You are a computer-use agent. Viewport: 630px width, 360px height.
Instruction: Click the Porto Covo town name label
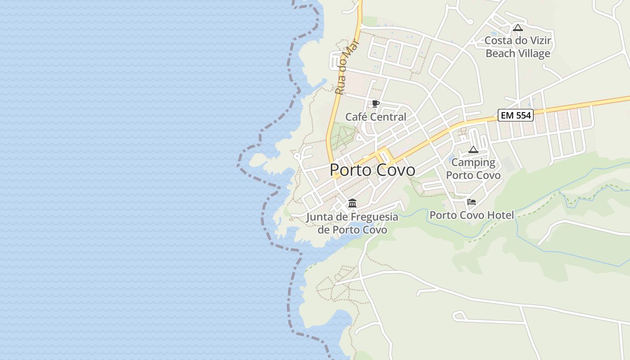(372, 170)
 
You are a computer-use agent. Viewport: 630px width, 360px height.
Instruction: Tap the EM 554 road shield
(516, 115)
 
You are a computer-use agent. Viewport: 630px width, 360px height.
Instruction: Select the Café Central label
(375, 117)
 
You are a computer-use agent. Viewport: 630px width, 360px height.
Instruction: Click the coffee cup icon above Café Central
(376, 104)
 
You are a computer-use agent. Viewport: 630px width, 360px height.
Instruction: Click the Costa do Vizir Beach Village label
(517, 47)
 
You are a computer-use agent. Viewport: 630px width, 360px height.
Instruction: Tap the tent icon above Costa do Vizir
(518, 27)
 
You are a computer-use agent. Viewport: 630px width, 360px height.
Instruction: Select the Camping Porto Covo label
(473, 169)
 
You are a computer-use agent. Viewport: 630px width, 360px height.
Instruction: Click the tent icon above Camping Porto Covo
(473, 149)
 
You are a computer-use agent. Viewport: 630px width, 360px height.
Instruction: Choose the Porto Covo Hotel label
(471, 215)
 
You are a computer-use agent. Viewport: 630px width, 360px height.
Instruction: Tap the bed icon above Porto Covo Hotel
(472, 202)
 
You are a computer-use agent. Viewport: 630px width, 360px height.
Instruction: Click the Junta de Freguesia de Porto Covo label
(352, 224)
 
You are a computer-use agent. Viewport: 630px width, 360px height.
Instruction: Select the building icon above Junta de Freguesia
(352, 203)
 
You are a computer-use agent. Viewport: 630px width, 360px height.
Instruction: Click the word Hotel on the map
(499, 215)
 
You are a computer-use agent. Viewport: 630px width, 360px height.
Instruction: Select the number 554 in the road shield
(523, 115)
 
